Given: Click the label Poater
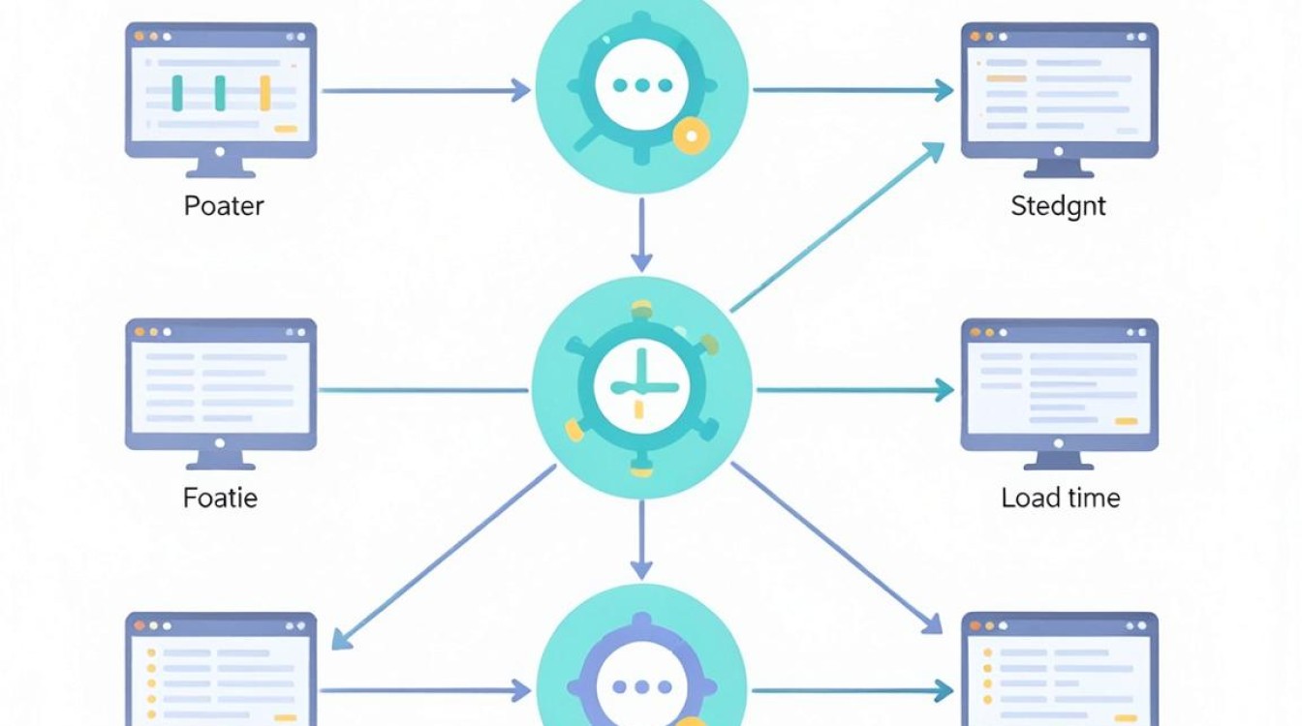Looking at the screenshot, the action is coord(224,206).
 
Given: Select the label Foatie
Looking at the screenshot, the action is coord(220,499).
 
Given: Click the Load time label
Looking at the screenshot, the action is coord(1061,499).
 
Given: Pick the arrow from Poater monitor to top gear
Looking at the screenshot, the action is coord(426,91).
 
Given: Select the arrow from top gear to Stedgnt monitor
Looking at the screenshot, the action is coord(853,90).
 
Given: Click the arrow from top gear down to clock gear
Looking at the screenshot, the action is coord(641,234).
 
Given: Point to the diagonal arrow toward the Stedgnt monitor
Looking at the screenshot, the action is coord(837,227).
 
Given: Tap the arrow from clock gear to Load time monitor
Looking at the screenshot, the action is coord(855,390).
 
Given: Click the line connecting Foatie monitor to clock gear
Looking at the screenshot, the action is coord(423,390).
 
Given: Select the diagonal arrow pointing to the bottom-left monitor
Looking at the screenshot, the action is coord(444,557).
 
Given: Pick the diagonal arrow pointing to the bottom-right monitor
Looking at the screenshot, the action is coord(836,548).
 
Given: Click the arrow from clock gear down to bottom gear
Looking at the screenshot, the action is coord(641,540).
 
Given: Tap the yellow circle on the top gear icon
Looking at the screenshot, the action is coord(691,136).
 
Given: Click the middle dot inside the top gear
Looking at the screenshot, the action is coord(642,85).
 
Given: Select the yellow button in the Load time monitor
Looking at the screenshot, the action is coord(1126,422).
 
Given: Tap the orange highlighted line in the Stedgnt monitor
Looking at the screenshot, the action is coord(1007,78).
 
